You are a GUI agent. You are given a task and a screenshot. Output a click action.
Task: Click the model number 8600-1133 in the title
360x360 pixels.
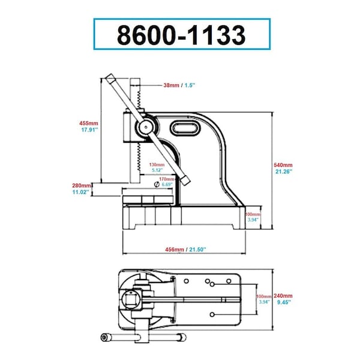pyautogui.click(x=181, y=35)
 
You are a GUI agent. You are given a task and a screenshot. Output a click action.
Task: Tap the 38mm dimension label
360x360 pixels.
pyautogui.click(x=171, y=85)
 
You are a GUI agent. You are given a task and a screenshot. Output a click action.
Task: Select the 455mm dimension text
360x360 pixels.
pyautogui.click(x=89, y=123)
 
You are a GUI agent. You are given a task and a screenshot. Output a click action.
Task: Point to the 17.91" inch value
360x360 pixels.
pyautogui.click(x=89, y=130)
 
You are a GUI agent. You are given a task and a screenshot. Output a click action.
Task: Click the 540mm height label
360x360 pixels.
pyautogui.click(x=283, y=165)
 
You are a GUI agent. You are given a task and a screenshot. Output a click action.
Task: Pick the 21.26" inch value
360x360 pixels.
pyautogui.click(x=284, y=171)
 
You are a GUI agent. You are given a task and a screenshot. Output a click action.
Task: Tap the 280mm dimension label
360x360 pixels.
pyautogui.click(x=82, y=185)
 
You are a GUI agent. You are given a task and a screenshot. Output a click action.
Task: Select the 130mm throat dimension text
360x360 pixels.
pyautogui.click(x=157, y=164)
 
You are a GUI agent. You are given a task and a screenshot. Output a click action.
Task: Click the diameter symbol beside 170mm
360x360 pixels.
pyautogui.click(x=157, y=184)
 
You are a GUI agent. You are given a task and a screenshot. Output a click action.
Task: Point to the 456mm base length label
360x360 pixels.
pyautogui.click(x=175, y=250)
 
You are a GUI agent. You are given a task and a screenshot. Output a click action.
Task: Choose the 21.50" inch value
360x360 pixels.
pyautogui.click(x=197, y=250)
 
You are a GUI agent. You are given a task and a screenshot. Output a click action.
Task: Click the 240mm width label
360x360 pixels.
pyautogui.click(x=283, y=296)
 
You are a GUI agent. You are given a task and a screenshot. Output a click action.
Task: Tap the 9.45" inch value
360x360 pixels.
pyautogui.click(x=284, y=302)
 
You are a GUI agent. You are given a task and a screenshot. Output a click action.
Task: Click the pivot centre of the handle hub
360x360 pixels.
pyautogui.click(x=146, y=127)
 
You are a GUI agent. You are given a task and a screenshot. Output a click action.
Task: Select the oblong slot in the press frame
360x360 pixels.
pyautogui.click(x=185, y=128)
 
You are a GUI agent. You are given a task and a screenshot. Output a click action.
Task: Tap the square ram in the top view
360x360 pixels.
pyautogui.click(x=131, y=299)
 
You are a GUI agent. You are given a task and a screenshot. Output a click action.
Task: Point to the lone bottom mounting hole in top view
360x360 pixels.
pyautogui.click(x=212, y=314)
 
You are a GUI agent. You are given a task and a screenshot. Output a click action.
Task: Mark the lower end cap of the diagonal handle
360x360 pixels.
pyautogui.click(x=185, y=179)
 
